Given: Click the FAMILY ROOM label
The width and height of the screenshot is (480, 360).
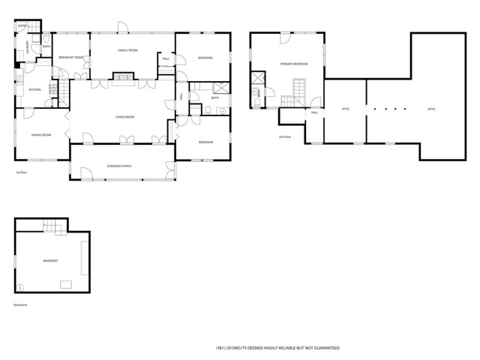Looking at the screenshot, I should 127,49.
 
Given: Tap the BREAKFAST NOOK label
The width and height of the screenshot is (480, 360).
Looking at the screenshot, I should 71,57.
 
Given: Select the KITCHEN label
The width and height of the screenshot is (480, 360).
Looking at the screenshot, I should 34,90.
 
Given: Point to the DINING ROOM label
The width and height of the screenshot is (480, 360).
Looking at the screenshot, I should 41,134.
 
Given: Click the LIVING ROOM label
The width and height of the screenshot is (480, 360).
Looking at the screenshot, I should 124,117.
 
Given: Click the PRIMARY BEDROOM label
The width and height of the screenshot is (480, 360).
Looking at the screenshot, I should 294,64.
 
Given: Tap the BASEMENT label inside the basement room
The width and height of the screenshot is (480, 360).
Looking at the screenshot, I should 51,261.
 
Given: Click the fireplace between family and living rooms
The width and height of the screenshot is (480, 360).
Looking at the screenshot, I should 124,76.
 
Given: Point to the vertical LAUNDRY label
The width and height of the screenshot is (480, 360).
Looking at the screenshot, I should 28,46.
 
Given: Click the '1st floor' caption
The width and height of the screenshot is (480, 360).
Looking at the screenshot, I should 22,173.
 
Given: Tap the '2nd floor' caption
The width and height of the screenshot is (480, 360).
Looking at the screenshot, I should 284,137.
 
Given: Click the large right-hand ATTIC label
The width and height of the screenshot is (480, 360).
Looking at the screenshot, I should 431,109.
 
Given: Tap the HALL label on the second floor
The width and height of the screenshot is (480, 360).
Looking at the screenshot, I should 315,112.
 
